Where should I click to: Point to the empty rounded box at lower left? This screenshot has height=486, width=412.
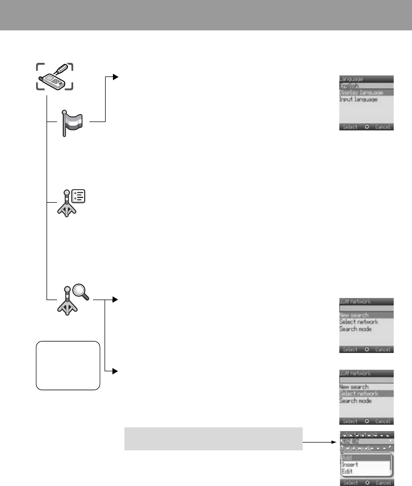[x=67, y=366]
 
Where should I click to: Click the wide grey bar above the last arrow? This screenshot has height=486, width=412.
[x=213, y=438]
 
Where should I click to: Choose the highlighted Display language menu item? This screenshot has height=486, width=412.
[x=361, y=93]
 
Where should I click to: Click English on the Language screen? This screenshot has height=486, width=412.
[x=350, y=86]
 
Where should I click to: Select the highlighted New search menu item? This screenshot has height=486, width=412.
[x=354, y=315]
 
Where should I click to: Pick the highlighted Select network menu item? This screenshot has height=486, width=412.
[x=359, y=394]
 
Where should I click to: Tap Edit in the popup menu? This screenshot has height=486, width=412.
[x=347, y=471]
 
